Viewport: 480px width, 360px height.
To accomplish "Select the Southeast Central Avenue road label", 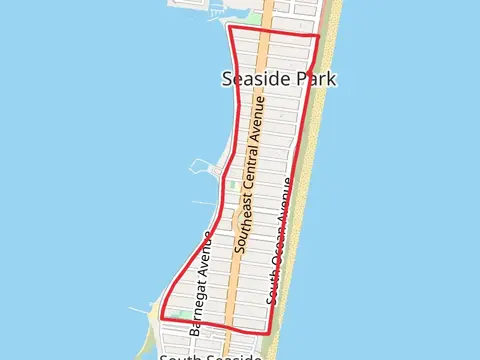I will point(251,173).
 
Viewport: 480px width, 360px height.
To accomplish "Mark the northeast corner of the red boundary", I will point(319,37).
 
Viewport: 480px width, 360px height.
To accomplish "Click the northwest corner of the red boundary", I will point(230,28).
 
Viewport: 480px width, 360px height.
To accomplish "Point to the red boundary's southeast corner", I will point(268,332).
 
